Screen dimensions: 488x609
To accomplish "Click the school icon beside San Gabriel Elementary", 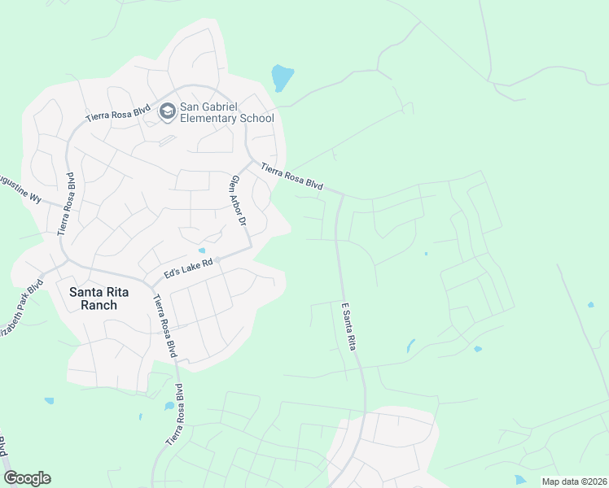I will (x=168, y=111).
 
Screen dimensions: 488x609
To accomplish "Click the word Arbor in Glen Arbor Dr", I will (x=239, y=203).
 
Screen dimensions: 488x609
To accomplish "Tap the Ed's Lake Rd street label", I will (x=188, y=268).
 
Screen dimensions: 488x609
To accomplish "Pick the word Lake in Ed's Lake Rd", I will (x=191, y=267).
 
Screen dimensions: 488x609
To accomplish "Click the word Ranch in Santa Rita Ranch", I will (x=93, y=306).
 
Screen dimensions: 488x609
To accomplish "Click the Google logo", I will (x=27, y=478).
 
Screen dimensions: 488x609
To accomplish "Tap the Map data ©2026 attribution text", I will (x=574, y=481).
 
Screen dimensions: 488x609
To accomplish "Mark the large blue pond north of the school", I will (x=281, y=78).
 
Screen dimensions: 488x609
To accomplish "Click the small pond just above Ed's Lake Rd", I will (x=202, y=251).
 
